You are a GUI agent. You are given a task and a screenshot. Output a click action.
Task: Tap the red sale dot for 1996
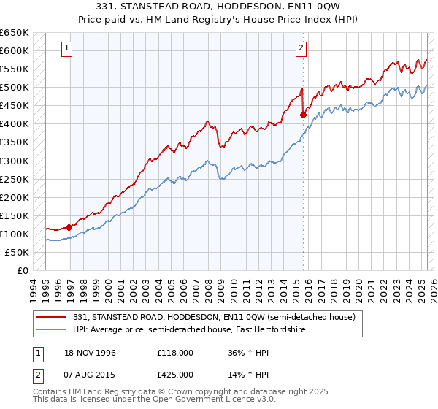coord(69,227)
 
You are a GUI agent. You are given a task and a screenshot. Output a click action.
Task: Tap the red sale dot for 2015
coord(303,115)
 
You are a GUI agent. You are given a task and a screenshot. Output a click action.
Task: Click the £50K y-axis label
coord(18,252)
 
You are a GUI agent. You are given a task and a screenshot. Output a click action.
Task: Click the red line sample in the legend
coord(53,317)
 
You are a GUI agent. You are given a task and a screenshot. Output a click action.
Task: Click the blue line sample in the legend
coord(53,329)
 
